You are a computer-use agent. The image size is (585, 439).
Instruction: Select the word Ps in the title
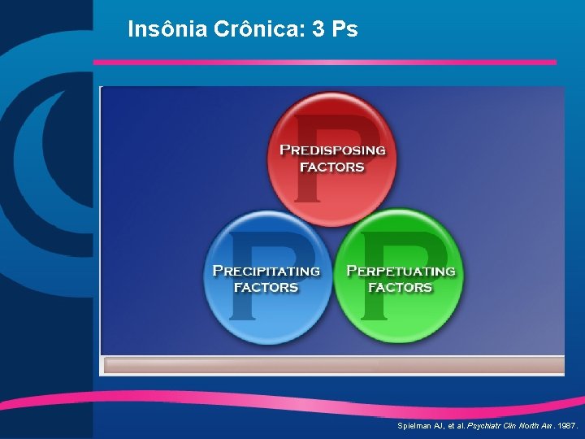coord(344,30)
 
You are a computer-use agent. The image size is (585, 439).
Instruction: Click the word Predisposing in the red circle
coord(332,150)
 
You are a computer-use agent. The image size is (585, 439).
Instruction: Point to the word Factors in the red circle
coord(332,167)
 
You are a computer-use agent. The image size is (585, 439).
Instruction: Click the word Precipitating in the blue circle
coord(266,271)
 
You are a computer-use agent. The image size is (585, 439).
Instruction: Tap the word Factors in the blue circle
coord(266,288)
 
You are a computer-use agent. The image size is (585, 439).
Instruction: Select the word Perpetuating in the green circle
coord(401,271)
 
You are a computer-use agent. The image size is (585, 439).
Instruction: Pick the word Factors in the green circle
coord(400,288)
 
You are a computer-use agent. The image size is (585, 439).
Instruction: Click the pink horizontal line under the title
coord(325,62)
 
